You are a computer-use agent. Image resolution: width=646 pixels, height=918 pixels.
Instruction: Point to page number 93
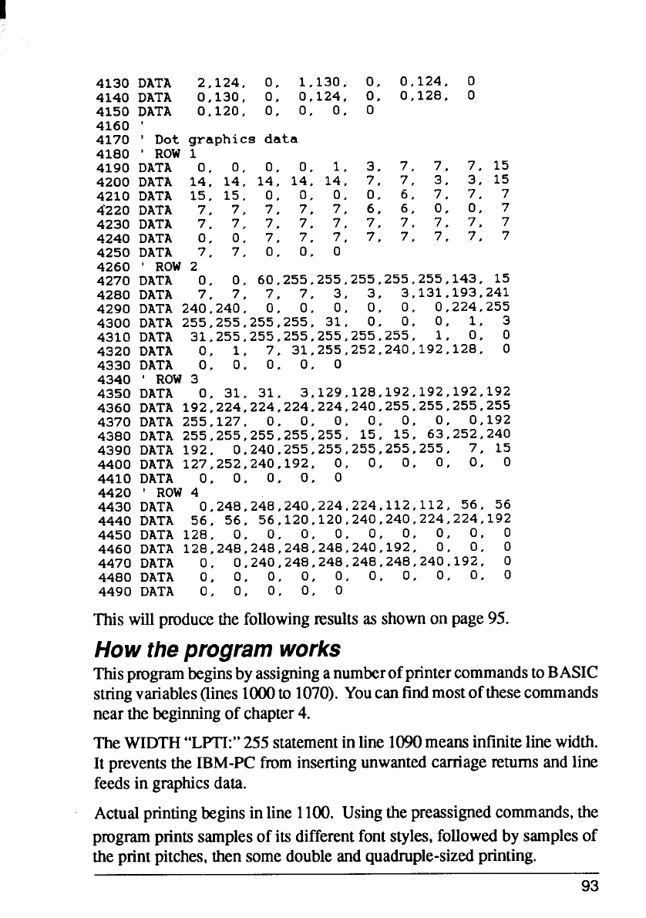[590, 886]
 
